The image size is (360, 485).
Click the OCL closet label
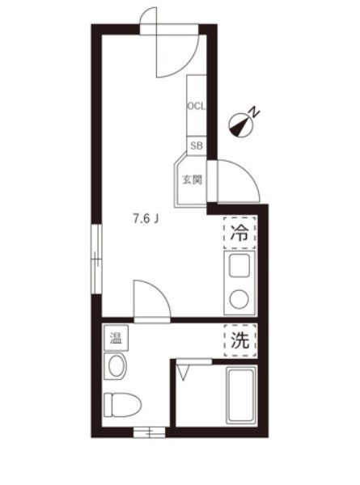pos(197,107)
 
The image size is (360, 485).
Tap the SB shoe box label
pos(197,145)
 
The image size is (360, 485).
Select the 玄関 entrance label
pos(192,179)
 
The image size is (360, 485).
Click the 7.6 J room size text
pos(146,219)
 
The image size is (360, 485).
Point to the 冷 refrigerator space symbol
pos(240,233)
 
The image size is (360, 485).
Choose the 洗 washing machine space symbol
pos(240,340)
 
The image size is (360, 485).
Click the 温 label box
pos(116,338)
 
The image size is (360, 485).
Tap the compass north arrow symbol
pos(241,125)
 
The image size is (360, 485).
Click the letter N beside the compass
pos(255,111)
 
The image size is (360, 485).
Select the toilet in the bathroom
pos(123,405)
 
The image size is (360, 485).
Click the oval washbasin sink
pos(116,366)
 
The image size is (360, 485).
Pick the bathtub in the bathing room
pos(241,395)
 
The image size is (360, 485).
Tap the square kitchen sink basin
pos(239,266)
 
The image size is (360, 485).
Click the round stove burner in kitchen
pos(239,299)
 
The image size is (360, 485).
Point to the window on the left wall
pos(96,259)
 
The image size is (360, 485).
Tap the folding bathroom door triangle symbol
pos(183,373)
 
